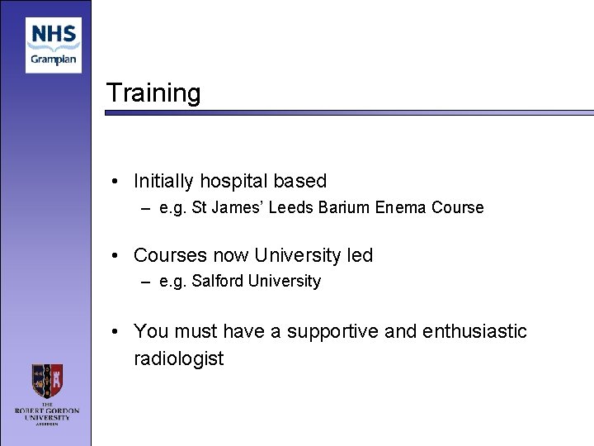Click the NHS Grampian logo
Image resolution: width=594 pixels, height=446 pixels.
pos(54,45)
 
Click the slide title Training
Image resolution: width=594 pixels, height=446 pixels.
pos(153,93)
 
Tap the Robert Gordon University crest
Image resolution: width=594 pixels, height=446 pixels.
pos(47,382)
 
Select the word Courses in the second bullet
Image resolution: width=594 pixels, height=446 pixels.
pos(168,255)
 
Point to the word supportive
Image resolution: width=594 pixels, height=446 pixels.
pos(332,331)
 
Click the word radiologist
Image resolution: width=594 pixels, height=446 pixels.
pos(178,358)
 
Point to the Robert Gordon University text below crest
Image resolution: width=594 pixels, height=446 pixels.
pos(47,413)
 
